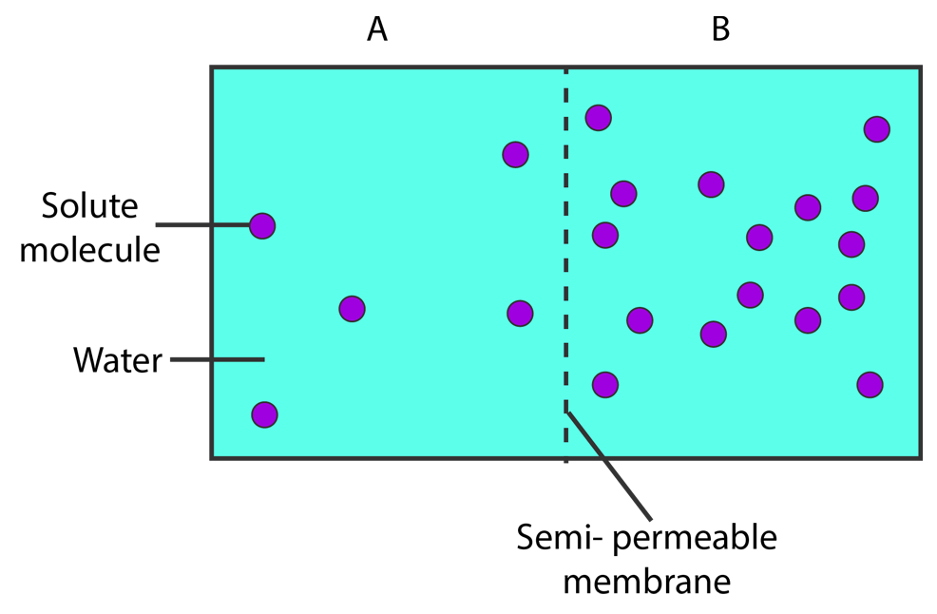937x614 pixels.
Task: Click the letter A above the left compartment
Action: tap(377, 29)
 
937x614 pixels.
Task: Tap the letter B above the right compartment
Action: tap(720, 29)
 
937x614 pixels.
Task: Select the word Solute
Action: tap(89, 205)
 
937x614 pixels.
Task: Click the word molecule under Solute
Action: tap(89, 249)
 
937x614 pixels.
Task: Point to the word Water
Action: tap(118, 360)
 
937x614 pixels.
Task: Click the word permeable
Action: tap(695, 538)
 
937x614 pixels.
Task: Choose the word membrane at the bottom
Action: tap(647, 581)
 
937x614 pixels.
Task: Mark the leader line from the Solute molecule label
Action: tap(203, 225)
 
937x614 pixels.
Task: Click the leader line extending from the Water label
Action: tap(218, 359)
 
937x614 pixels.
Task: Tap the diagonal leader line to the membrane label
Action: tap(609, 465)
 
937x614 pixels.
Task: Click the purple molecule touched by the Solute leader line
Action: tap(262, 226)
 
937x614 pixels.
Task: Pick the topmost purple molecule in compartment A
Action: tap(516, 155)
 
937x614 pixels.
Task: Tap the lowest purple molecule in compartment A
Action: tap(265, 414)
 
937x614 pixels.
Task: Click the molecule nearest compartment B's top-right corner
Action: tap(876, 129)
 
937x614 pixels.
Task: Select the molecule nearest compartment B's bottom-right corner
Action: tap(870, 384)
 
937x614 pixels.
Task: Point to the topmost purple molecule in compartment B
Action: tap(598, 118)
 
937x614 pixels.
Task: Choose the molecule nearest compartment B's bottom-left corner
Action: tap(604, 384)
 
